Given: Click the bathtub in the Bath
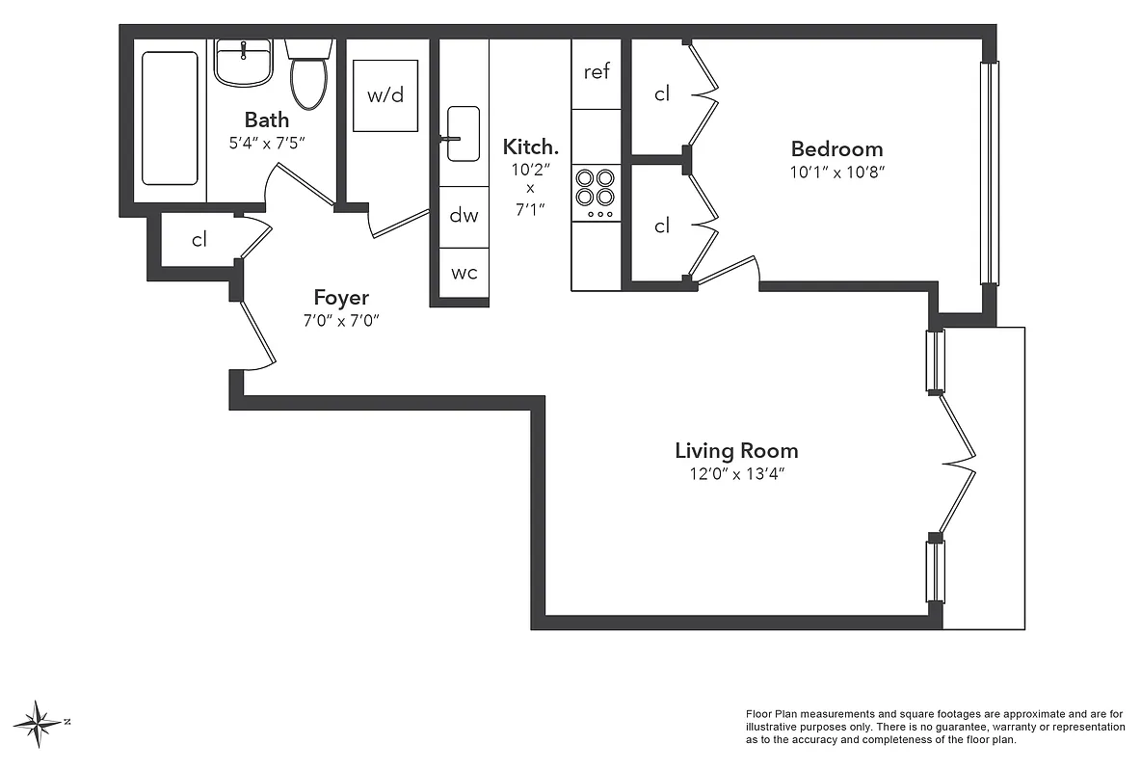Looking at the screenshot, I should tap(170, 118).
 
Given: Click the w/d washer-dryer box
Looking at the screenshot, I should tap(385, 95).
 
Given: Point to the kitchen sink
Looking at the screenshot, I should tap(464, 134).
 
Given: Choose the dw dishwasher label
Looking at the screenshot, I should tap(464, 216).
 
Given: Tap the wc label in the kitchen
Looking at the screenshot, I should tap(464, 273).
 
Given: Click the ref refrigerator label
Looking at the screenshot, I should tap(597, 72).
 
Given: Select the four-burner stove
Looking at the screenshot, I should tap(596, 188).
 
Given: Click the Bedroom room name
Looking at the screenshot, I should tap(836, 149).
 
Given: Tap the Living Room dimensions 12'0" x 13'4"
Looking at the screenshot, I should tap(736, 474).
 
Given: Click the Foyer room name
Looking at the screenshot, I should tap(341, 298).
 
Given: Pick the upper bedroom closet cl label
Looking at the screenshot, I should tap(662, 94).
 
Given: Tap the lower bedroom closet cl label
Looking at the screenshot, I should tap(662, 226).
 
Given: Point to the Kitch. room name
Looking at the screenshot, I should tap(530, 147).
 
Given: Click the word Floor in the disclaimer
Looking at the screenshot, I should tap(761, 714).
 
